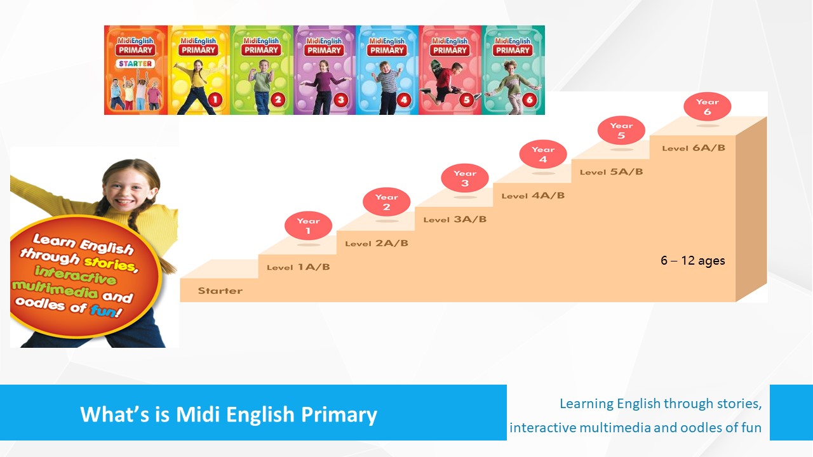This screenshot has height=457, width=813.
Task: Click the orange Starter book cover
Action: click(136, 70)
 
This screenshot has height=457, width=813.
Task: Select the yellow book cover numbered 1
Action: click(199, 70)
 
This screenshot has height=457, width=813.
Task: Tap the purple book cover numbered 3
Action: click(325, 70)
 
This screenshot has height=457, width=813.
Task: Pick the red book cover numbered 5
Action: click(450, 70)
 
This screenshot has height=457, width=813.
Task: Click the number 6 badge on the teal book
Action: click(529, 100)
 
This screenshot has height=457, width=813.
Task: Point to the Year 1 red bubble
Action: click(308, 225)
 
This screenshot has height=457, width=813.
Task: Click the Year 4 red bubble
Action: click(543, 154)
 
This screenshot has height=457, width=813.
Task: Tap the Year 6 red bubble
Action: click(708, 107)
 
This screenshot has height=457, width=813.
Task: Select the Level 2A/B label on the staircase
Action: click(377, 243)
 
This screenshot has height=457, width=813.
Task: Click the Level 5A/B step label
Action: click(611, 172)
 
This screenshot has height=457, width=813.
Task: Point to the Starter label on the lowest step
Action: click(220, 291)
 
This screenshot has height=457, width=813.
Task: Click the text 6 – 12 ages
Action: click(692, 260)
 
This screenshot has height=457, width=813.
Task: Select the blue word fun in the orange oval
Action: click(103, 310)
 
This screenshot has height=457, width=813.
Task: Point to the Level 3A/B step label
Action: click(455, 220)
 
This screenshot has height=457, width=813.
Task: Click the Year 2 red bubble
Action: click(387, 202)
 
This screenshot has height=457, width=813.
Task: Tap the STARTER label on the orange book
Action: click(135, 64)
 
